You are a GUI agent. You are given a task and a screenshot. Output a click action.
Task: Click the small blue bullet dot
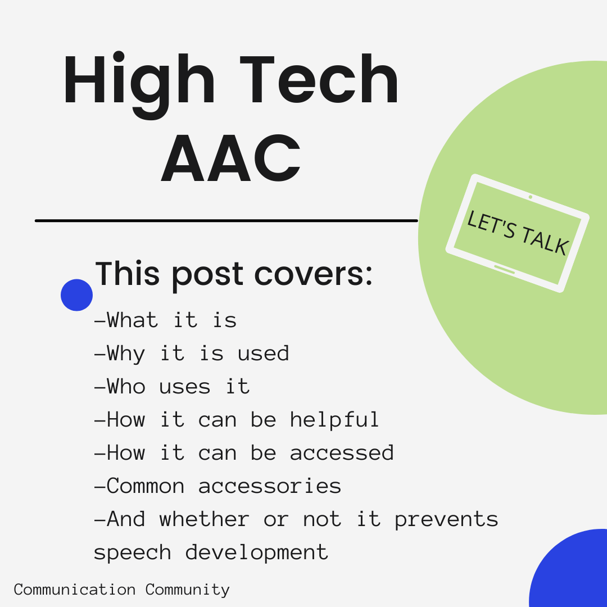(x=76, y=295)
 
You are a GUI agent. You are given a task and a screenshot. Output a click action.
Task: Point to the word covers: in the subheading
(x=313, y=274)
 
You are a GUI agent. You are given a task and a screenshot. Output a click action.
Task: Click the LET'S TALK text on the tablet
(x=518, y=233)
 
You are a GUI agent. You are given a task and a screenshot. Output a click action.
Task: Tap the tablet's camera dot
(x=530, y=197)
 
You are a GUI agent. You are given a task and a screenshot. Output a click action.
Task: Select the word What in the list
(x=132, y=320)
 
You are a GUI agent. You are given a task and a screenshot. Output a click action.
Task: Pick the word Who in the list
(x=126, y=387)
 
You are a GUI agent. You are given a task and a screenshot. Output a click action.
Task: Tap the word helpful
(x=334, y=420)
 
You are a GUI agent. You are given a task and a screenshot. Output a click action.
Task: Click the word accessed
(x=342, y=453)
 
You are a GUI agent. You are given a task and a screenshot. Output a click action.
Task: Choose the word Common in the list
(x=145, y=486)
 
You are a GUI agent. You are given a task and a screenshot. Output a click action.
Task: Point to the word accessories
(x=270, y=486)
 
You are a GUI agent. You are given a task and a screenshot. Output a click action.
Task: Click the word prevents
(x=446, y=520)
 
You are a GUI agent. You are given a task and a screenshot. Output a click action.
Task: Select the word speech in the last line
(x=133, y=553)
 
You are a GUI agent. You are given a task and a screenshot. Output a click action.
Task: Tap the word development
(x=257, y=552)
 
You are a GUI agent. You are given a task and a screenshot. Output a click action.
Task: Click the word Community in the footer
(x=188, y=590)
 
